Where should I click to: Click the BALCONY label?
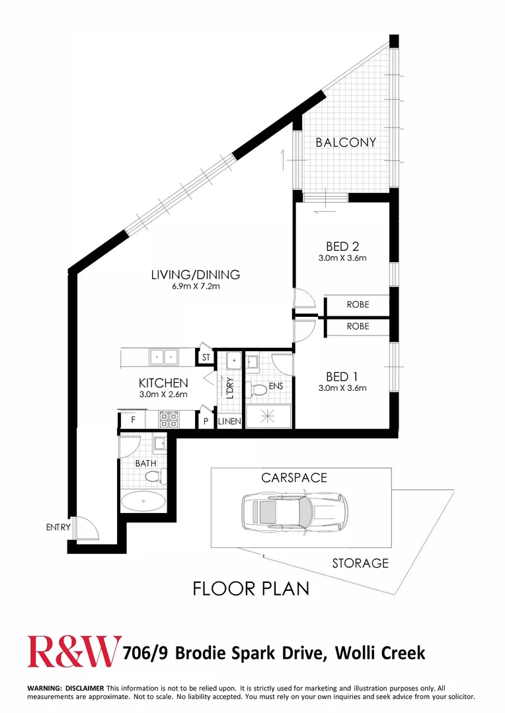[x=346, y=143]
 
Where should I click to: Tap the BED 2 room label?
[x=342, y=246]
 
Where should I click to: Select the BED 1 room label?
[x=342, y=376]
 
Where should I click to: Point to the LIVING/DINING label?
[x=196, y=275]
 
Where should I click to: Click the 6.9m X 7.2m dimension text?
[x=196, y=287]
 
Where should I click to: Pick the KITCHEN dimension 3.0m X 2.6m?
[x=163, y=395]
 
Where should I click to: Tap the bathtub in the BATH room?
[x=143, y=502]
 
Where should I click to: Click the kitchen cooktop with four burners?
[x=169, y=419]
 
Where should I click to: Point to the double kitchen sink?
[x=163, y=357]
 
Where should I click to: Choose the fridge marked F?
[x=132, y=419]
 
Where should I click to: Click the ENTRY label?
[x=58, y=527]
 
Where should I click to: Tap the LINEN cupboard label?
[x=229, y=421]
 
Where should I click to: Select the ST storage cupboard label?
[x=206, y=357]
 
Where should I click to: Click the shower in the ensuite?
[x=268, y=416]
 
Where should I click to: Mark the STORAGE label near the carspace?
[x=360, y=563]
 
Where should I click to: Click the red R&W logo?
[x=74, y=652]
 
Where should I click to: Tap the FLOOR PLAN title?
[x=251, y=589]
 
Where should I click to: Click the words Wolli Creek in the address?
[x=380, y=653]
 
